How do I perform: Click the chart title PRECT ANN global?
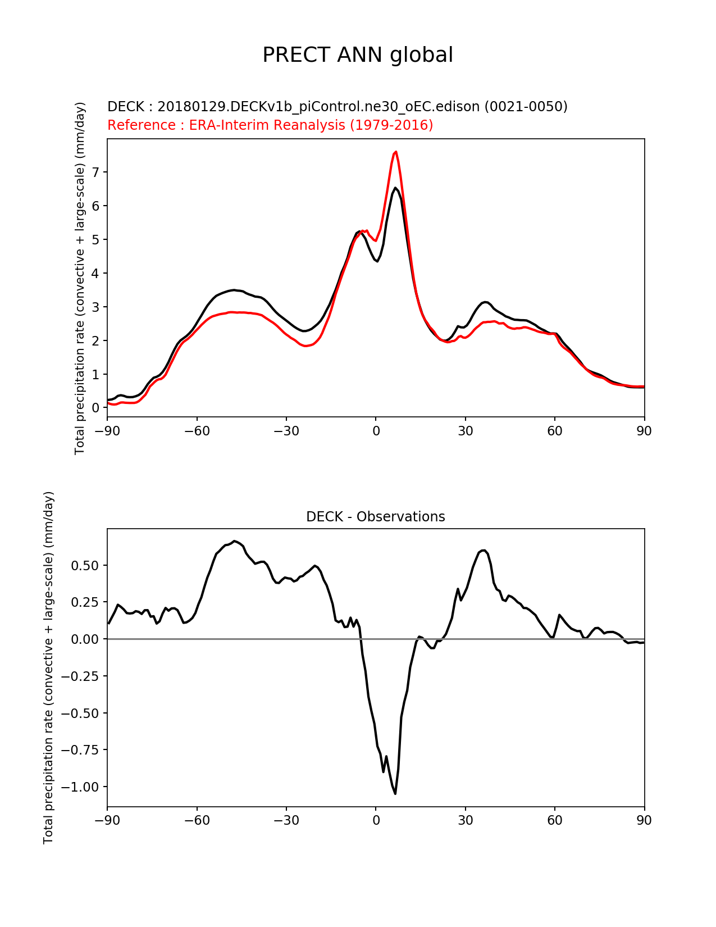[358, 55]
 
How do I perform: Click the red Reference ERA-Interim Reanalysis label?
[270, 125]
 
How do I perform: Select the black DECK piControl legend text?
[338, 106]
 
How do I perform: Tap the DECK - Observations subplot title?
[375, 516]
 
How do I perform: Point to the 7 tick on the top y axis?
[95, 172]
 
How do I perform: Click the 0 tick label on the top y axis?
[95, 408]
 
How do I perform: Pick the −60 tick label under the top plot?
[197, 431]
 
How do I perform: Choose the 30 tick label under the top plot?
[465, 431]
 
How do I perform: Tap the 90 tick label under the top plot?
[644, 431]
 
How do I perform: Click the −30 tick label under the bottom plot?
[286, 820]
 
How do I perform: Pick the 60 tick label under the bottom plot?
[554, 820]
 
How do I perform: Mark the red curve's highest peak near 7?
[396, 151]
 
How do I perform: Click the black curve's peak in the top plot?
[395, 188]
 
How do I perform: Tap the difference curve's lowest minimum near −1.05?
[395, 793]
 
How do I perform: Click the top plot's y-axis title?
[80, 278]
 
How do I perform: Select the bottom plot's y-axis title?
[48, 667]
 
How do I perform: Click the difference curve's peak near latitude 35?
[484, 550]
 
